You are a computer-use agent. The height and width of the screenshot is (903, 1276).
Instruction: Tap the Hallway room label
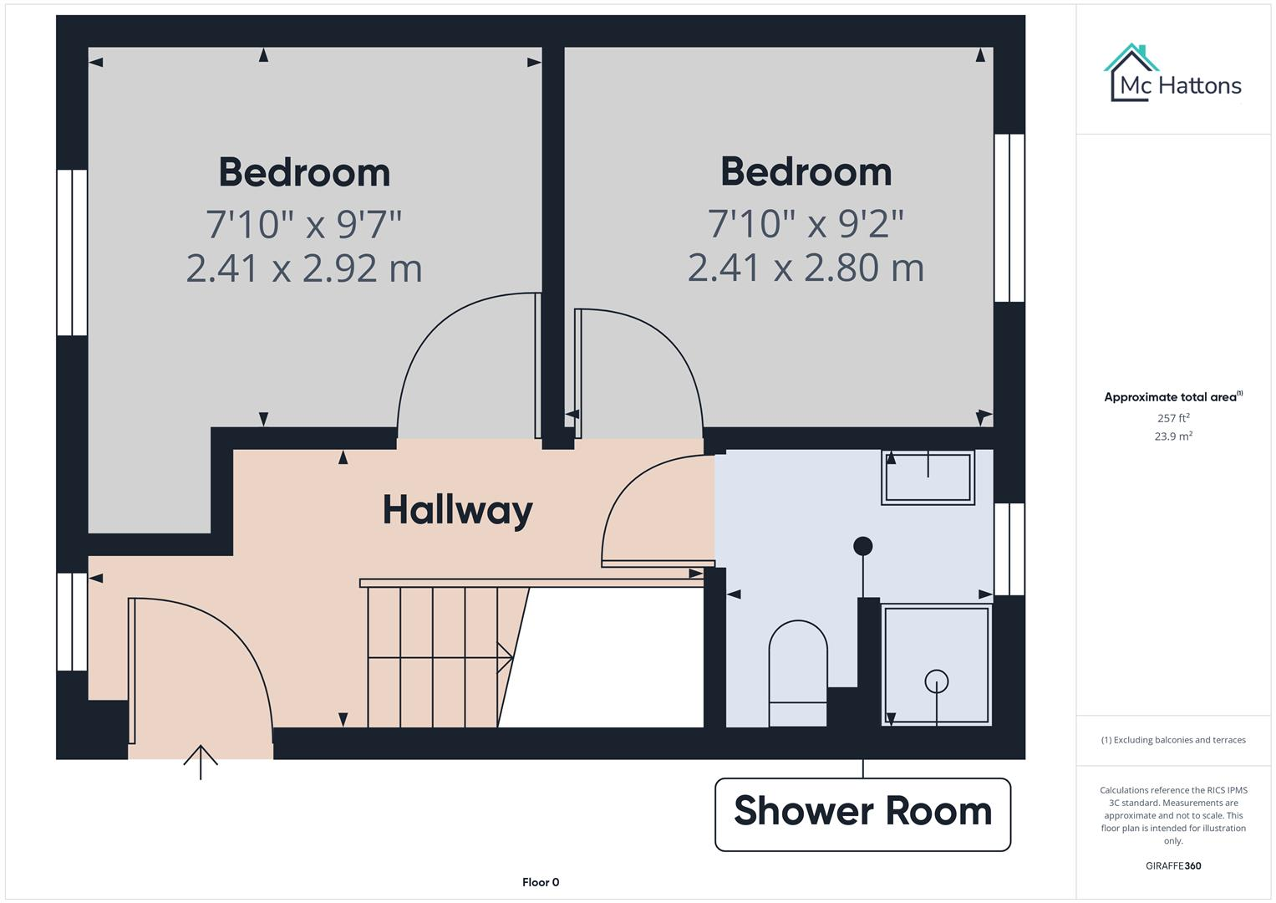tap(457, 510)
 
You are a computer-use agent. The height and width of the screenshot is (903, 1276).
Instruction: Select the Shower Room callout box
tap(862, 814)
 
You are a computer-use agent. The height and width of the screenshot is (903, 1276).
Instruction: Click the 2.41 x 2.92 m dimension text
tap(304, 268)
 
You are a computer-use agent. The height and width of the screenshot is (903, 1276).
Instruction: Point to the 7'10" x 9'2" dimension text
tap(806, 223)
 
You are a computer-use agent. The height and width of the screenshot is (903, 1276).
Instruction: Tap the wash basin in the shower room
tap(928, 477)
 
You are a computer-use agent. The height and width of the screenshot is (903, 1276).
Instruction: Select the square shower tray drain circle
tap(937, 681)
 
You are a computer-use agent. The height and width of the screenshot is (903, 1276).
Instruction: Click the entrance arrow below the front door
tap(201, 761)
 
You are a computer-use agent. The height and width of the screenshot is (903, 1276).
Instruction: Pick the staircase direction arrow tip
tap(509, 657)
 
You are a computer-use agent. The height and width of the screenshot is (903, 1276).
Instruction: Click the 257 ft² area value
tap(1173, 418)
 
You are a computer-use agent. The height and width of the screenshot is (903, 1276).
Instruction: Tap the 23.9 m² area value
tap(1173, 436)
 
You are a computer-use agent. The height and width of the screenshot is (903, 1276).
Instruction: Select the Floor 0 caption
tap(541, 882)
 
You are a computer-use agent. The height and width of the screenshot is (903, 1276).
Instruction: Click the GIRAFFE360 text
tap(1173, 866)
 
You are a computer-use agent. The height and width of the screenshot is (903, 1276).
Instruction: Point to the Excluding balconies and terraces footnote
tap(1173, 740)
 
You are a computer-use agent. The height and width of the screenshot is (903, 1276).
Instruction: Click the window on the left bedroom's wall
tap(72, 253)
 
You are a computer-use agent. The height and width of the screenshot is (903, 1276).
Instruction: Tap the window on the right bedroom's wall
tap(1009, 217)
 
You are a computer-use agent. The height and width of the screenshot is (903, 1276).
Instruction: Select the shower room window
tap(1009, 549)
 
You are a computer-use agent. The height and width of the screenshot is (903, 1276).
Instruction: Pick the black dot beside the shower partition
tap(862, 546)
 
